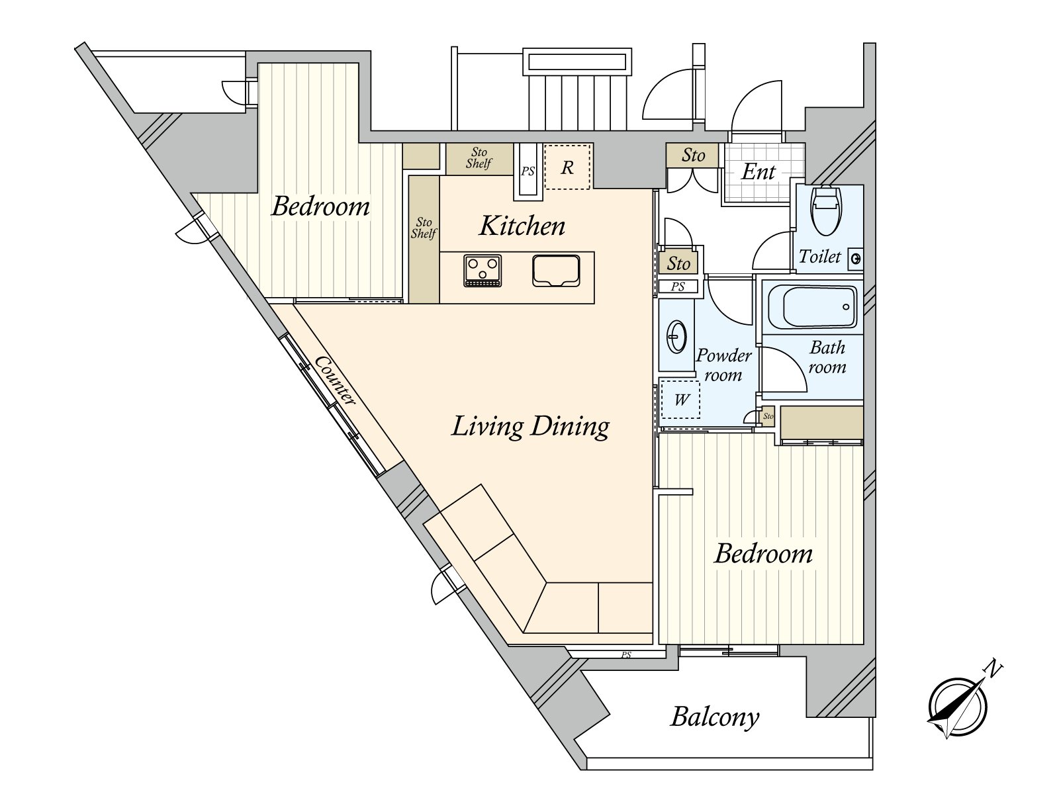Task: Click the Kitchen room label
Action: coord(522,226)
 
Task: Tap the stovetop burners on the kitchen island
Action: coord(483,271)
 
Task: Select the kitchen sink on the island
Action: coord(556,271)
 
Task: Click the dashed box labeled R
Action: coord(567,167)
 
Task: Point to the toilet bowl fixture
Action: coord(826,210)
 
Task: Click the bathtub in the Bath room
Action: coord(811,307)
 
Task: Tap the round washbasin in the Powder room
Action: coord(676,337)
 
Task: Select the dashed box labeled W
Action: coord(681,400)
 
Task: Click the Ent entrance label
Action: coord(758,172)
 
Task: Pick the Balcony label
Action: coord(715,717)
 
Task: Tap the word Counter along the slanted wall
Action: coord(336,380)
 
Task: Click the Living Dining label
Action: coord(530,427)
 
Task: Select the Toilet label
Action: coord(819,257)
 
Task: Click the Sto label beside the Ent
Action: coord(693,155)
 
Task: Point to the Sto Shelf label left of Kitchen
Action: coord(424,228)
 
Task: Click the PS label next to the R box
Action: coord(528,171)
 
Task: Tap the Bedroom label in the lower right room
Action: coord(763,554)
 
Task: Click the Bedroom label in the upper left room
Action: coord(320,206)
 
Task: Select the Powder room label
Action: coord(723,365)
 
